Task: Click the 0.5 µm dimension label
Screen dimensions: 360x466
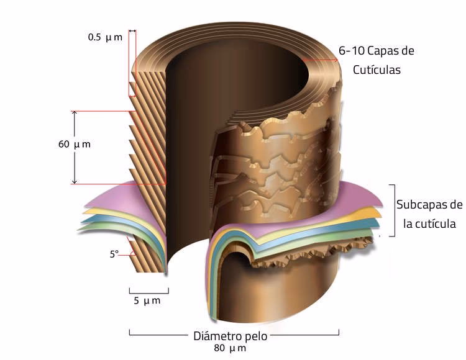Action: pyautogui.click(x=104, y=37)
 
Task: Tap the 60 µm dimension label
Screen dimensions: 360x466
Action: pyautogui.click(x=73, y=145)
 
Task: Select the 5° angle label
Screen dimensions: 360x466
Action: pyautogui.click(x=114, y=254)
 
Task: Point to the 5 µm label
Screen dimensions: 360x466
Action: pyautogui.click(x=147, y=301)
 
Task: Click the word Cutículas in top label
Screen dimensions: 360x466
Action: pyautogui.click(x=377, y=70)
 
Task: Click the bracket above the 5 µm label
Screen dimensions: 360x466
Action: pyautogui.click(x=148, y=290)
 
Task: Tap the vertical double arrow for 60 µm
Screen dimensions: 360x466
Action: pyautogui.click(x=74, y=148)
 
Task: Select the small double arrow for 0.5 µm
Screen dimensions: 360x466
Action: pyautogui.click(x=132, y=30)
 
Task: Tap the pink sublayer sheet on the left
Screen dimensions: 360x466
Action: pyautogui.click(x=106, y=197)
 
